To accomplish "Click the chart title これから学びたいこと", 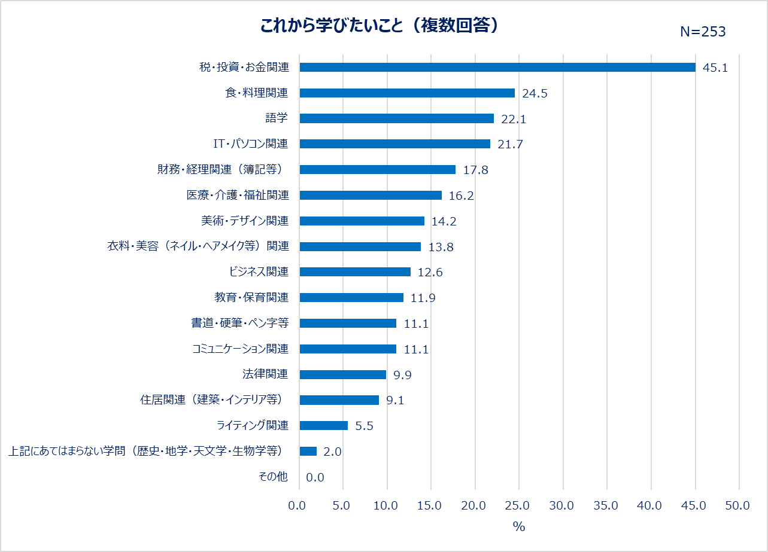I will click(380, 26).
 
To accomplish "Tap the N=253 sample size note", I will click(703, 32).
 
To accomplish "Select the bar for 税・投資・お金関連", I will click(497, 68).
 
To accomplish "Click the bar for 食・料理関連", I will click(407, 93).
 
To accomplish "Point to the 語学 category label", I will click(277, 118).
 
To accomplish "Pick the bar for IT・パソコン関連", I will click(394, 144).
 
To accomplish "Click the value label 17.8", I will click(476, 170).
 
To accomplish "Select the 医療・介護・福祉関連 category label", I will click(238, 195).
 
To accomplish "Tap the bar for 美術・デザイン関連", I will click(362, 221).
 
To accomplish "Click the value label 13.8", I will click(441, 247).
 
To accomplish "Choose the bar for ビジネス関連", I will click(355, 272).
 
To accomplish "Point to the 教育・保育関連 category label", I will click(251, 297).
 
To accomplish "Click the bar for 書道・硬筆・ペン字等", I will click(348, 324).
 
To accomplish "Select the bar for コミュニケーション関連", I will click(348, 349).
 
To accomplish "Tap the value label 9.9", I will click(402, 375).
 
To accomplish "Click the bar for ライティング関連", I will click(323, 426).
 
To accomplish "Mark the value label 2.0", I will click(332, 452).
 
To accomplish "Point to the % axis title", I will click(518, 527).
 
